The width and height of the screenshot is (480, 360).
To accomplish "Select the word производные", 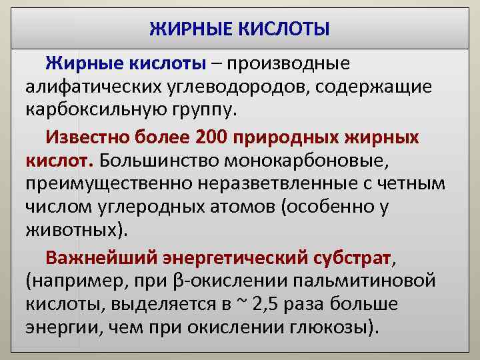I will tap(289, 64).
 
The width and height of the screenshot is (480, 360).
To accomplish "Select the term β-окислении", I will tap(226, 280).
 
